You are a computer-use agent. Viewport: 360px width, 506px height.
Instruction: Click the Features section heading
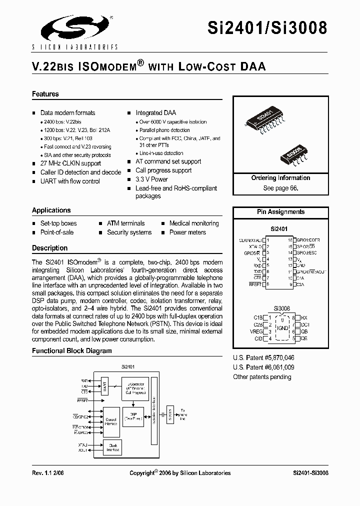point(45,94)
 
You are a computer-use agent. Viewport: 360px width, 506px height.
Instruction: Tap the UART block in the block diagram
point(105,386)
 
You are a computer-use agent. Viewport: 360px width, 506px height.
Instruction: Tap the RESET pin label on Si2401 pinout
point(255,284)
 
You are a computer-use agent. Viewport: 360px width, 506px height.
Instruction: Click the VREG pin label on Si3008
point(256,331)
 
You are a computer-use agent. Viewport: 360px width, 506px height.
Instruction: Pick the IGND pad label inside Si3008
point(282,327)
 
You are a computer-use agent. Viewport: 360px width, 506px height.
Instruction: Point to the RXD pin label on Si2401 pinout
point(257,265)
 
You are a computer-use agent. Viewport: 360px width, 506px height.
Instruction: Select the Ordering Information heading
point(280,178)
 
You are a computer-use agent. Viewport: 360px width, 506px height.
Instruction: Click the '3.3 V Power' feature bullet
point(151,179)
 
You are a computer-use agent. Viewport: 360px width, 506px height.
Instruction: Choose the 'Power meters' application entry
point(187,232)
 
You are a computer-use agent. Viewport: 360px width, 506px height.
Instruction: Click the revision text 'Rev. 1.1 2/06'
point(48,473)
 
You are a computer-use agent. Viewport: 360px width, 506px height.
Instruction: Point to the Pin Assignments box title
point(280,212)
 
